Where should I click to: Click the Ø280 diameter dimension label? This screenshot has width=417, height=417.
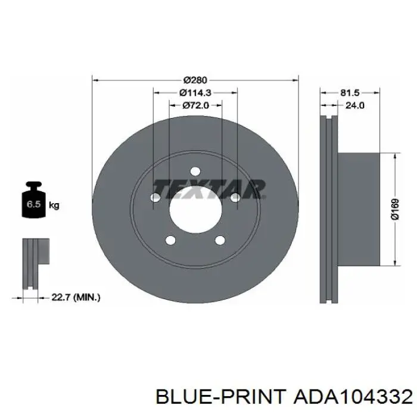(195, 80)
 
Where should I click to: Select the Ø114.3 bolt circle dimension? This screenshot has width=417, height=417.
(195, 92)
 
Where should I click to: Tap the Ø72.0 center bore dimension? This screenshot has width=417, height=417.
(196, 105)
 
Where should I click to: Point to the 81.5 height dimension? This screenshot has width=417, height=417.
(350, 92)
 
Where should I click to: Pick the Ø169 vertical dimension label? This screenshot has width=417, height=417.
(395, 209)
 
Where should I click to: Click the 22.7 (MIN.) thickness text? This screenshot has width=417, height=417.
(76, 297)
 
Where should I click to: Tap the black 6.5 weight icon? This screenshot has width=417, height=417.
(34, 200)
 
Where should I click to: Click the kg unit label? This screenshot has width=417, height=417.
(54, 206)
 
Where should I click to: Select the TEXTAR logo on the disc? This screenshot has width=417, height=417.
(209, 189)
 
